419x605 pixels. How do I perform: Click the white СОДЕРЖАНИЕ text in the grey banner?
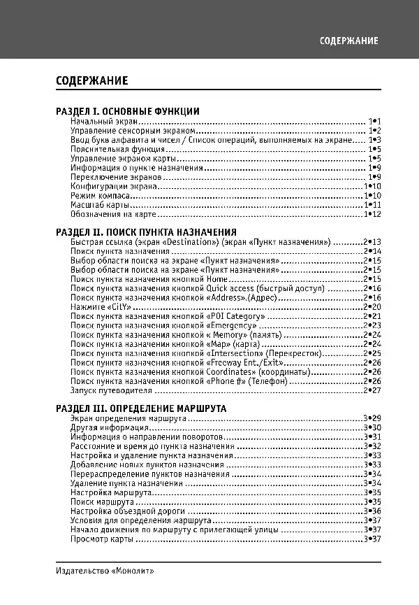(x=349, y=41)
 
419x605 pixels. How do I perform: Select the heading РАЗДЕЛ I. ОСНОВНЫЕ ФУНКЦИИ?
(x=128, y=111)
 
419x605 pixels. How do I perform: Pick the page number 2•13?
(x=372, y=242)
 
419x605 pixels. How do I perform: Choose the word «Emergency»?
(x=233, y=325)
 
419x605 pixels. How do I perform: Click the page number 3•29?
(x=372, y=418)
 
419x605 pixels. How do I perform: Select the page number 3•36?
(x=372, y=511)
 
